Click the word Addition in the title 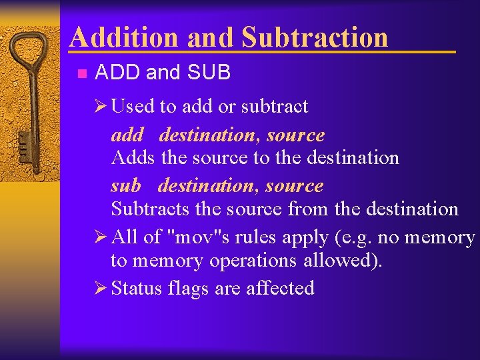pos(125,37)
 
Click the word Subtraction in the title pos(314,37)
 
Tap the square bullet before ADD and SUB pos(81,73)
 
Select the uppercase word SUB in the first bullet pos(210,73)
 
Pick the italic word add pos(127,135)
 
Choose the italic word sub pos(126,185)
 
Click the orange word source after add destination pos(295,135)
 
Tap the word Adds pos(133,158)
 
